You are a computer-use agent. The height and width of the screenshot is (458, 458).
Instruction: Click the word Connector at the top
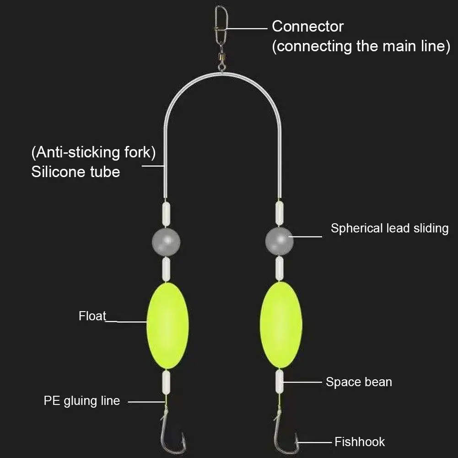pos(307,27)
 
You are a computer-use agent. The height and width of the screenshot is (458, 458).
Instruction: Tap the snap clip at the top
pos(221,23)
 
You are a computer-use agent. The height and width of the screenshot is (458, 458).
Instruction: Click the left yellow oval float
pos(167,325)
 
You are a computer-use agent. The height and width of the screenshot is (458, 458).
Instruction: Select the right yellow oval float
pos(280,325)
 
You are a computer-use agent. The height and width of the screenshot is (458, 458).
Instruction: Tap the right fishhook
pos(285,435)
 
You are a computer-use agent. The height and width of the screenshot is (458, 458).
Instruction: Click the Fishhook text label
pos(360,442)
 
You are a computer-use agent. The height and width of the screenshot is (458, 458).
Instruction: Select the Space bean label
pos(359,382)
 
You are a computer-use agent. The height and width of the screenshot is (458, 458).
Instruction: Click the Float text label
pos(92,316)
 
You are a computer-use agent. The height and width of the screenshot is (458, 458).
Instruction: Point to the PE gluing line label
pos(82,401)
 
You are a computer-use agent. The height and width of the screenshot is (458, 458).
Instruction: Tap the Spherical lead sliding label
pos(389,228)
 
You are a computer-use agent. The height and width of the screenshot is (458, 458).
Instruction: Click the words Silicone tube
pos(75,172)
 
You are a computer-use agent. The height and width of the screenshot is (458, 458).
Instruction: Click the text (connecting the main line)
pos(361,46)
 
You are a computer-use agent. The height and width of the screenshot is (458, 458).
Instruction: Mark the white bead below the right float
pos(279,382)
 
